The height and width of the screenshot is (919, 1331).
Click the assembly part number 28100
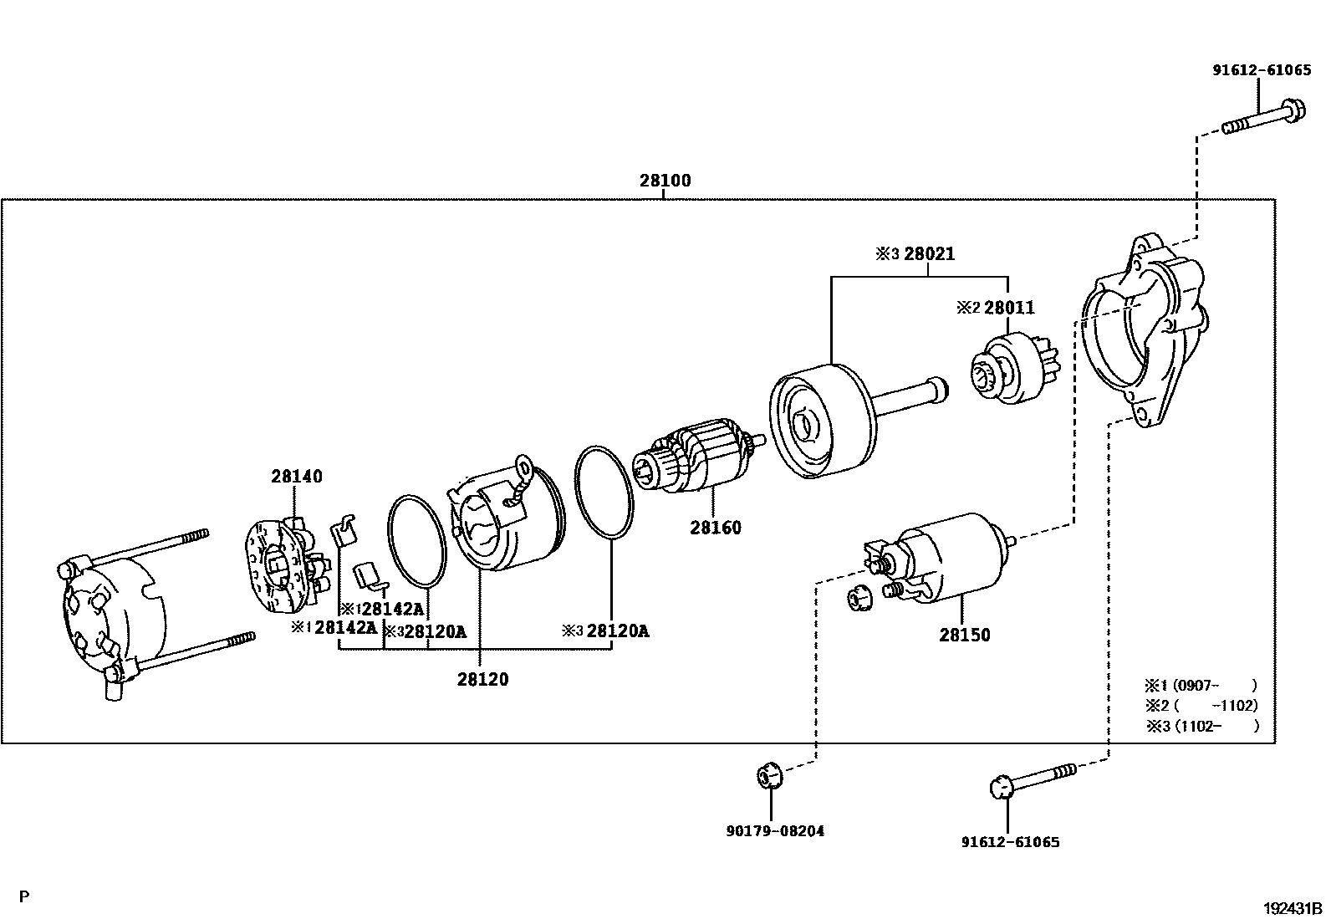point(665,181)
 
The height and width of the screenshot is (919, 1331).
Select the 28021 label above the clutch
point(927,254)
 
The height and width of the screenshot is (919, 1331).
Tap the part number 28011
point(1009,308)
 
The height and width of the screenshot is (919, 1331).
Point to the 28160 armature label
point(715,528)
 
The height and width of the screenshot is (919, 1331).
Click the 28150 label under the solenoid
point(964,635)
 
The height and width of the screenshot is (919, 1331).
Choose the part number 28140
point(296,477)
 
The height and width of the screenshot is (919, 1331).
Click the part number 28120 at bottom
point(482,680)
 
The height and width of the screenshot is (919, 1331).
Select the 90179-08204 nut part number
point(774,831)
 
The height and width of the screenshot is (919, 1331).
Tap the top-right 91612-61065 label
point(1262,71)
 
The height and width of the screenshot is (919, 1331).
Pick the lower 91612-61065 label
point(1010,842)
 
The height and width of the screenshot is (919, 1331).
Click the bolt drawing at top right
point(1262,119)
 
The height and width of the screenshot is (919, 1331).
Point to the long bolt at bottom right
point(1037,779)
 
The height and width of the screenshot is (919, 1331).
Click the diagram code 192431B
point(1292,907)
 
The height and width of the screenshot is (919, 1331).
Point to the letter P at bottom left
point(24,896)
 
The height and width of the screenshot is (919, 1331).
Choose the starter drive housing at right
point(1145,334)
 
